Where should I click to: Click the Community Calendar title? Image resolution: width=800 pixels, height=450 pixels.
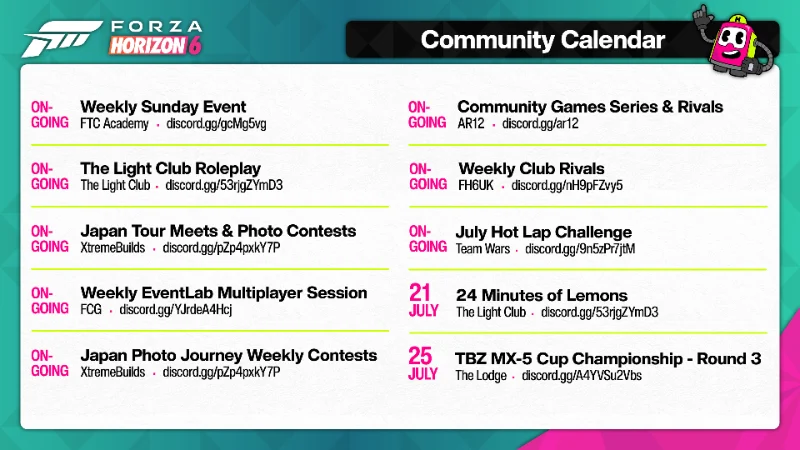(x=542, y=40)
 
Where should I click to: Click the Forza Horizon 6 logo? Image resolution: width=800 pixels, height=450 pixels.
(x=112, y=38)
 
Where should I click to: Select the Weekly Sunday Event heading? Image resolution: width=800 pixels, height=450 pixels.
(x=163, y=107)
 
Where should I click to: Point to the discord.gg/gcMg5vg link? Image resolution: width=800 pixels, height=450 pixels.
(x=216, y=124)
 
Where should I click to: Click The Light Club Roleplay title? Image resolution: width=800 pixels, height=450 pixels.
(x=170, y=168)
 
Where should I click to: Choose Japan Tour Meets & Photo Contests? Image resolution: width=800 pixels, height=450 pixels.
(x=218, y=231)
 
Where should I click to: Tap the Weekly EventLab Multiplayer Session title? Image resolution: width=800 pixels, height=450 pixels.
(x=224, y=293)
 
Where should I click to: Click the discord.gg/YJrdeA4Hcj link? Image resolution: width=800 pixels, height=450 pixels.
(x=176, y=310)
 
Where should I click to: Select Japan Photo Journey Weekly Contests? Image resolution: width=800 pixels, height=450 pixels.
(x=229, y=355)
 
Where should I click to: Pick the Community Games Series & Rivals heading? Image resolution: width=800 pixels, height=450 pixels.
(x=590, y=107)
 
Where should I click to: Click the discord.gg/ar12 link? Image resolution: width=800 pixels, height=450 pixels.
(x=540, y=123)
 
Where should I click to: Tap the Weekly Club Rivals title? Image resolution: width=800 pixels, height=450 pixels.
(x=531, y=168)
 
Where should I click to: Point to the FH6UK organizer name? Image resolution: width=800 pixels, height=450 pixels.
(x=476, y=185)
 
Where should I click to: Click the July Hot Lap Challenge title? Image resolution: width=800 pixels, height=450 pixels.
(x=544, y=233)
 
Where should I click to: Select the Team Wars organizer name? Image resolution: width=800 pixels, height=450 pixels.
(x=483, y=249)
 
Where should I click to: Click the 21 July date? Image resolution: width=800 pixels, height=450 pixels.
(x=423, y=301)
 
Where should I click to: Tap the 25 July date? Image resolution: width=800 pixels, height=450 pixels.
(x=422, y=364)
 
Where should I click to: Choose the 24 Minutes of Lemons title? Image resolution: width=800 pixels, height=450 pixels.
(x=542, y=295)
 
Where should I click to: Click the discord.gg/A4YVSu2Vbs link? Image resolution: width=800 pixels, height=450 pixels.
(x=582, y=376)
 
